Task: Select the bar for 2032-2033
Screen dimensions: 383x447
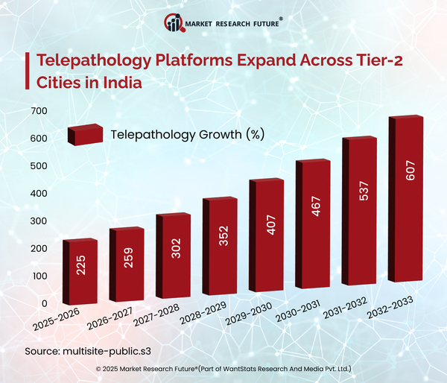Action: pyautogui.click(x=406, y=201)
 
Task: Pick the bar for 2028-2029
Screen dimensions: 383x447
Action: pyautogui.click(x=220, y=247)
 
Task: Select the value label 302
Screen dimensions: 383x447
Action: pyautogui.click(x=174, y=251)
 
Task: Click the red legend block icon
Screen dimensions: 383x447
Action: pyautogui.click(x=83, y=134)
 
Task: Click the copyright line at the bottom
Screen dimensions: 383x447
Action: pyautogui.click(x=223, y=369)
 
